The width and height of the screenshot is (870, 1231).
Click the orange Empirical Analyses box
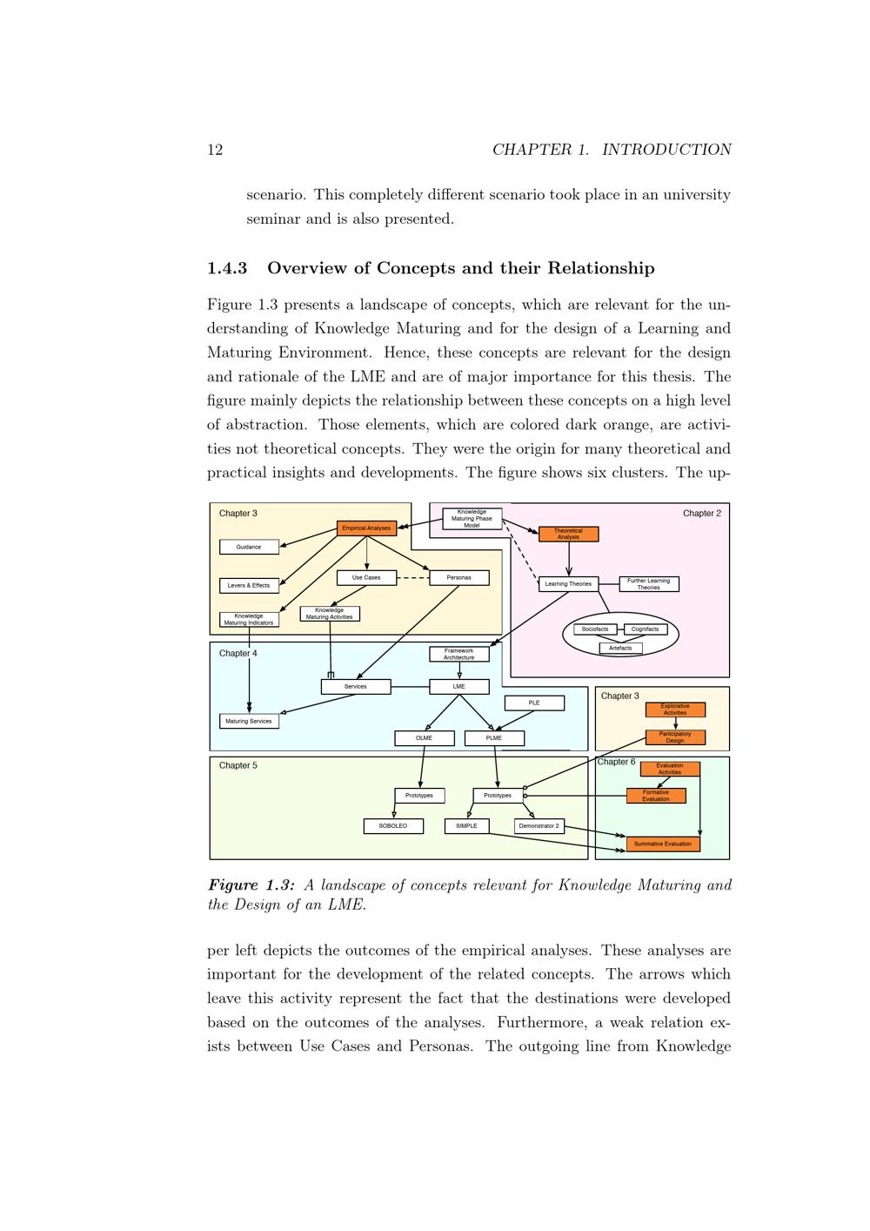pos(366,528)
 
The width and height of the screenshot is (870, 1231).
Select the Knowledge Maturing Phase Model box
pos(472,519)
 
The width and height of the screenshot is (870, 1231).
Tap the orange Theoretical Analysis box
pos(568,534)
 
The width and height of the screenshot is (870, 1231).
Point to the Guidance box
pos(249,547)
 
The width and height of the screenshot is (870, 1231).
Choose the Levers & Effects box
pos(249,585)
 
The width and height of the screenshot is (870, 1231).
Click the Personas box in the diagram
pos(458,577)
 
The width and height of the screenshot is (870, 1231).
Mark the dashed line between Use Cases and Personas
pos(412,577)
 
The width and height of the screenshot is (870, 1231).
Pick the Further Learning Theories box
pos(648,584)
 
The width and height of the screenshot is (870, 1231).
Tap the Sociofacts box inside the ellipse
pos(595,629)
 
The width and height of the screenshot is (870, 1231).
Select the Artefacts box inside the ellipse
pos(620,648)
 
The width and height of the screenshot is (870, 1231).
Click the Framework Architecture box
pos(458,654)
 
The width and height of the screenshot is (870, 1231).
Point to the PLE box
pos(534,703)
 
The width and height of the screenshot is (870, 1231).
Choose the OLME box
pos(424,738)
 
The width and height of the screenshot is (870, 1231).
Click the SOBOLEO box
pos(393,825)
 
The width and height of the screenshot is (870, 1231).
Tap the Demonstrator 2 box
pos(539,825)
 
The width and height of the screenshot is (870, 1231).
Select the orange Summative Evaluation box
pos(662,844)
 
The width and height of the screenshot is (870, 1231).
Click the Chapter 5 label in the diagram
pos(238,765)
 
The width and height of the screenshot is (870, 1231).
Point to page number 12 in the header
pos(215,150)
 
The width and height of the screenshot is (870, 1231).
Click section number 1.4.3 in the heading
pos(227,268)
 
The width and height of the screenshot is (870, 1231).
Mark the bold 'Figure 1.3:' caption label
pos(251,885)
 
